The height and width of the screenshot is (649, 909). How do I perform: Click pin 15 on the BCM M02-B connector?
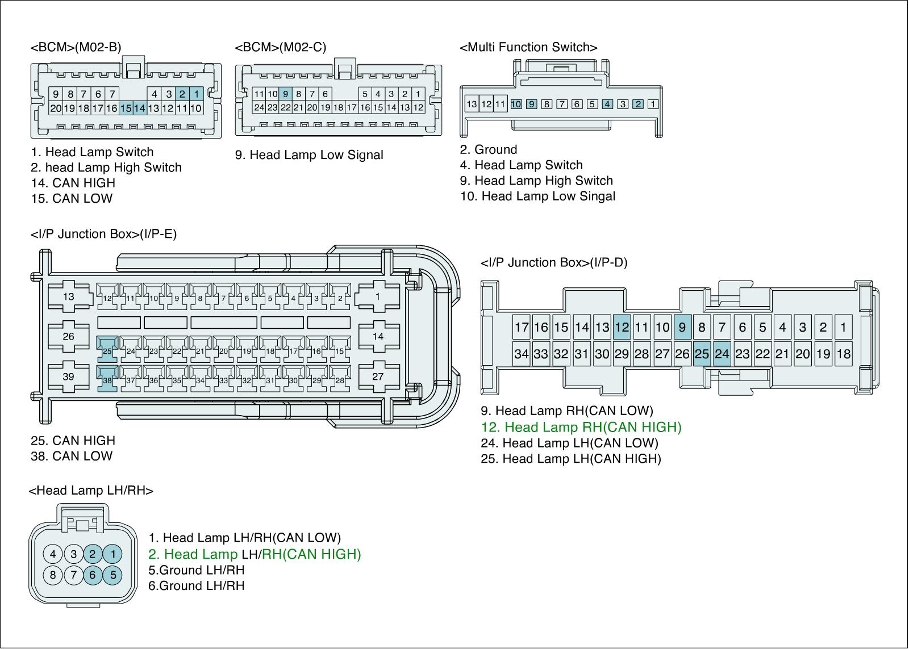(x=126, y=108)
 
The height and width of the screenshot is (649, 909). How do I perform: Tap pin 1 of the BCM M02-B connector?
(x=196, y=94)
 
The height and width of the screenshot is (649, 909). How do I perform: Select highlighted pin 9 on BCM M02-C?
(x=286, y=94)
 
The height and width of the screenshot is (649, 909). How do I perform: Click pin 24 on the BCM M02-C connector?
(x=259, y=107)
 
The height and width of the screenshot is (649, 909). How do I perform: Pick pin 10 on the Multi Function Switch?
(x=516, y=104)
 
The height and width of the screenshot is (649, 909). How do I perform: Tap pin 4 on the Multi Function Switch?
(x=607, y=104)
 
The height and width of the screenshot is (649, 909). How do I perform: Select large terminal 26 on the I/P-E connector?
(x=69, y=337)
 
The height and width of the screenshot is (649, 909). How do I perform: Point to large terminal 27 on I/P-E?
(x=378, y=376)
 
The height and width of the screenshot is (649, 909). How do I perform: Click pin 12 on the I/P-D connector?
(x=622, y=327)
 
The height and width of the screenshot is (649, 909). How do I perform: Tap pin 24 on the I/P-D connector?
(x=722, y=354)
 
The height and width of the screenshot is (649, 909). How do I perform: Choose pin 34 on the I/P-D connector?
(x=521, y=354)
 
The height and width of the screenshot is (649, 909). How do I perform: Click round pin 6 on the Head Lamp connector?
(x=93, y=575)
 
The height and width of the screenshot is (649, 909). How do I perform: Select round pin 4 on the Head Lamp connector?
(x=53, y=554)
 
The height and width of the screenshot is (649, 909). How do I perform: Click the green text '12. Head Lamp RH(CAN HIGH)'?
(x=581, y=427)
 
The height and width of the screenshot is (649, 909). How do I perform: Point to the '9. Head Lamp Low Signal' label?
(x=309, y=155)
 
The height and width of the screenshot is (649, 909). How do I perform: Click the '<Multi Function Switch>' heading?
(x=528, y=47)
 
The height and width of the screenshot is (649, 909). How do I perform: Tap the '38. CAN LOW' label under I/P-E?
(x=72, y=456)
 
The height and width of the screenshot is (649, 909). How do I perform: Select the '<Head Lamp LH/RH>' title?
(x=91, y=491)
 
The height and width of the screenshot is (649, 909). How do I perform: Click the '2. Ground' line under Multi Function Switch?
(x=489, y=150)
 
